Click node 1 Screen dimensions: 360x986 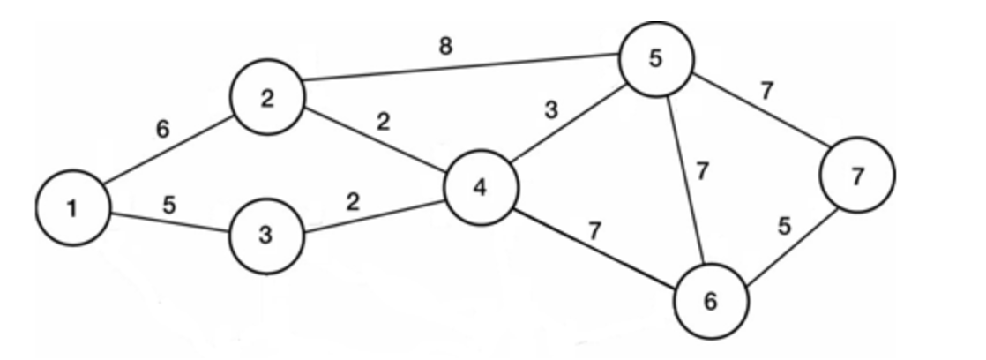click(73, 208)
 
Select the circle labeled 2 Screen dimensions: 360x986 click(266, 99)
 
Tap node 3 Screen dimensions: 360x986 click(266, 237)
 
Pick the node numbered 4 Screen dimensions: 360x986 click(482, 188)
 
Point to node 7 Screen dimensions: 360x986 click(856, 175)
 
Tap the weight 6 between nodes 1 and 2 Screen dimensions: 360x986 click(161, 130)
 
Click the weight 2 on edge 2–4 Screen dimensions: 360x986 click(382, 122)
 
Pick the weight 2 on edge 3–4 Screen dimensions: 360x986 click(353, 201)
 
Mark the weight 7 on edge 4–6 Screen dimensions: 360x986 click(595, 232)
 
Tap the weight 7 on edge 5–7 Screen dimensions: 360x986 click(767, 92)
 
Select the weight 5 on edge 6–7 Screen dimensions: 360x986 click(784, 226)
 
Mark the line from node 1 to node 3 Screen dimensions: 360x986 click(168, 222)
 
